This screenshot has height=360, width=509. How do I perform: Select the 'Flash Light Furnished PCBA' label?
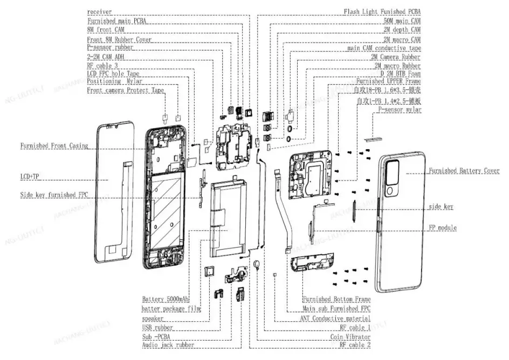(382, 11)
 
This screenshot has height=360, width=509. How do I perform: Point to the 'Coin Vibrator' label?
(350, 336)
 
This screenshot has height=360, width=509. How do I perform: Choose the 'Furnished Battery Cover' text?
(464, 171)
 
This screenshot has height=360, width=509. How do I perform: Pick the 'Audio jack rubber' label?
(168, 344)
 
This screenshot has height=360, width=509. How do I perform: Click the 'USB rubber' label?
(157, 327)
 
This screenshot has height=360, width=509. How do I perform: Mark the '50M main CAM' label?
(402, 20)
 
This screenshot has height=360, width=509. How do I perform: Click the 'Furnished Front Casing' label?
(54, 146)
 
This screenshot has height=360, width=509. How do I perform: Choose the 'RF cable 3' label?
(102, 65)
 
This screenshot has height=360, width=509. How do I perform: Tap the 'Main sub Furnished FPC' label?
(338, 309)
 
